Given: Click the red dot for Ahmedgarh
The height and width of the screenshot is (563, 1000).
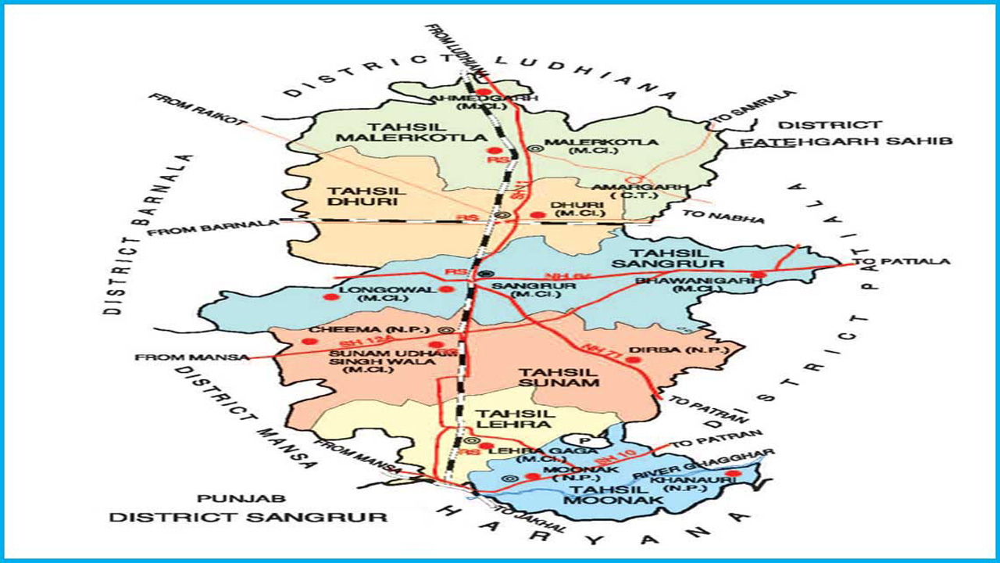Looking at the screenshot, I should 482,92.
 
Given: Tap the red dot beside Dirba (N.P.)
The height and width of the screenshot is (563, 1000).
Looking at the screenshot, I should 633,360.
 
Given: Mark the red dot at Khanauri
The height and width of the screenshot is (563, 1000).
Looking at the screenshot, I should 732,473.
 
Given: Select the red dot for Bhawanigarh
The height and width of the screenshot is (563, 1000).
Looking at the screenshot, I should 756,274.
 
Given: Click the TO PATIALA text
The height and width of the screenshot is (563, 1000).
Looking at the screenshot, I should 900,261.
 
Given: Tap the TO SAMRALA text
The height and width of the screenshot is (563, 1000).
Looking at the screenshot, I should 752,107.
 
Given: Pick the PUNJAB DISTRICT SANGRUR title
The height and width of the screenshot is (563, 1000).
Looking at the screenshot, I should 248,508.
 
